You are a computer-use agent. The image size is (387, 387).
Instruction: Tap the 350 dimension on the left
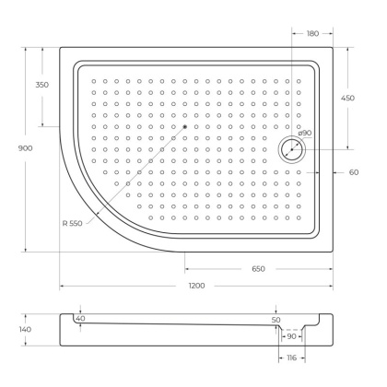click(42, 85)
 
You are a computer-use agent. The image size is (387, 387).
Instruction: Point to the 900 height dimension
click(14, 149)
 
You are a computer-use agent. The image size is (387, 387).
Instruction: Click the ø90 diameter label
click(304, 134)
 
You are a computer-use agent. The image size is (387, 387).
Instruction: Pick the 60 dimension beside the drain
click(353, 172)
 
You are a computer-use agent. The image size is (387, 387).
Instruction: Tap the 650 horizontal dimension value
click(258, 268)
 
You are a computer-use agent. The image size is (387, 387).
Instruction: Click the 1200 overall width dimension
click(196, 287)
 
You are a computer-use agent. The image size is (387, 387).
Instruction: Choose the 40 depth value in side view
click(80, 319)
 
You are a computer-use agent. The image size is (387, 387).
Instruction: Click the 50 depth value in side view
click(276, 320)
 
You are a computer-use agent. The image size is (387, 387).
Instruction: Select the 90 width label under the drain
click(291, 336)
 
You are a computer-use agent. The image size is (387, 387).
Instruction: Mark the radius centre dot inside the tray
click(185, 126)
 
